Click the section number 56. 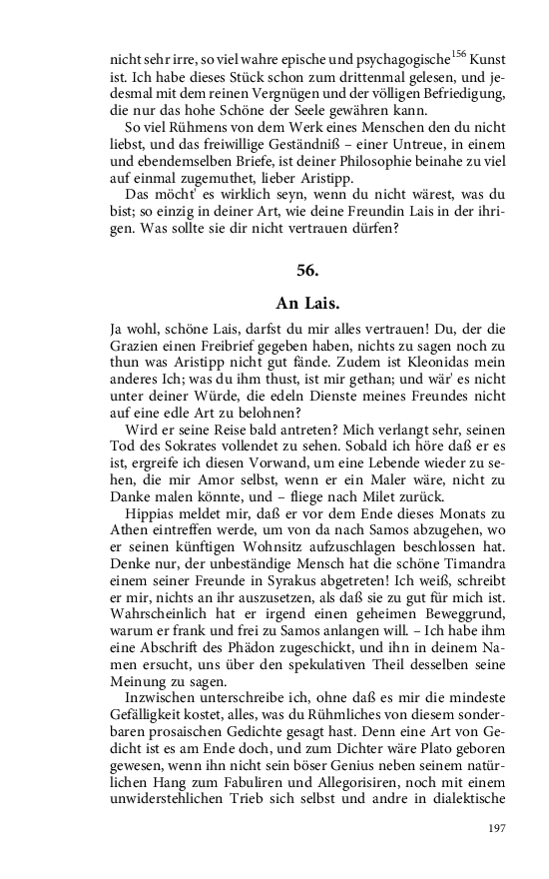pos(307,271)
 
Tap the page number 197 pos(498,829)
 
